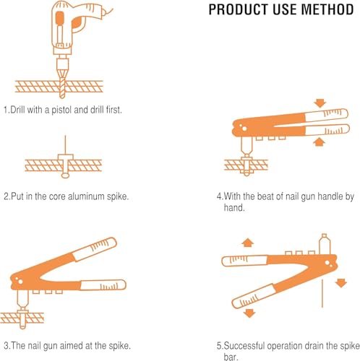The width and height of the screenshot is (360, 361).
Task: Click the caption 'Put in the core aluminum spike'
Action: [x=67, y=195]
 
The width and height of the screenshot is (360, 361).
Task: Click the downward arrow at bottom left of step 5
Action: [x=248, y=312]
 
